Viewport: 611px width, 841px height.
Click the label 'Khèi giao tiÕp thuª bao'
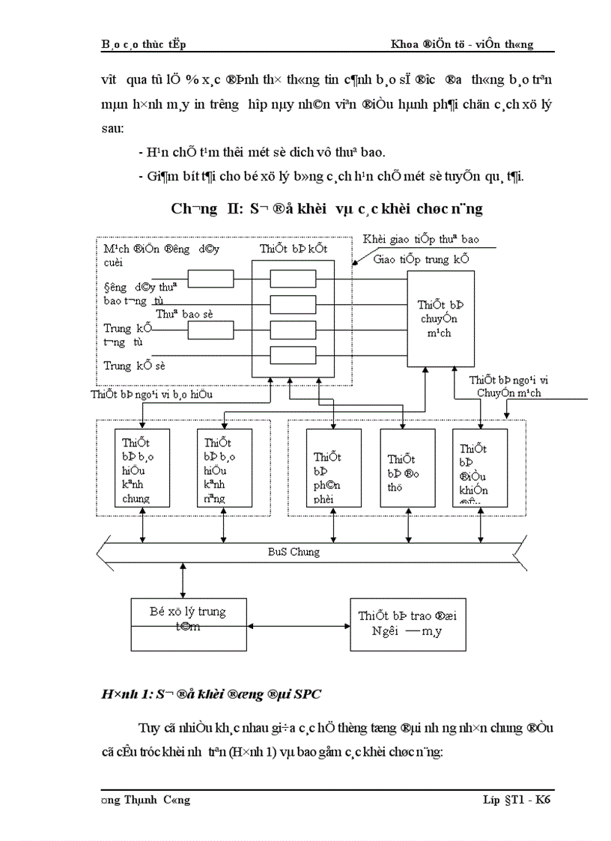[421, 240]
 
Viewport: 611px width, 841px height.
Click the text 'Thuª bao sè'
[184, 314]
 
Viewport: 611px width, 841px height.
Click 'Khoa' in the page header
[406, 44]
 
